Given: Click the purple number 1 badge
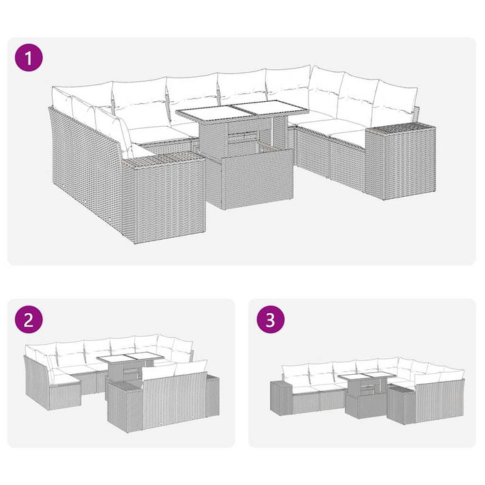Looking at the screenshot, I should [x=28, y=58].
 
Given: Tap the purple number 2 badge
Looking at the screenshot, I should [x=28, y=320].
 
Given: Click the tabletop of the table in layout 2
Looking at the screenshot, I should [x=130, y=358].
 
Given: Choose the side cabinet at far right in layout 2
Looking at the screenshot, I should [x=211, y=395].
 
